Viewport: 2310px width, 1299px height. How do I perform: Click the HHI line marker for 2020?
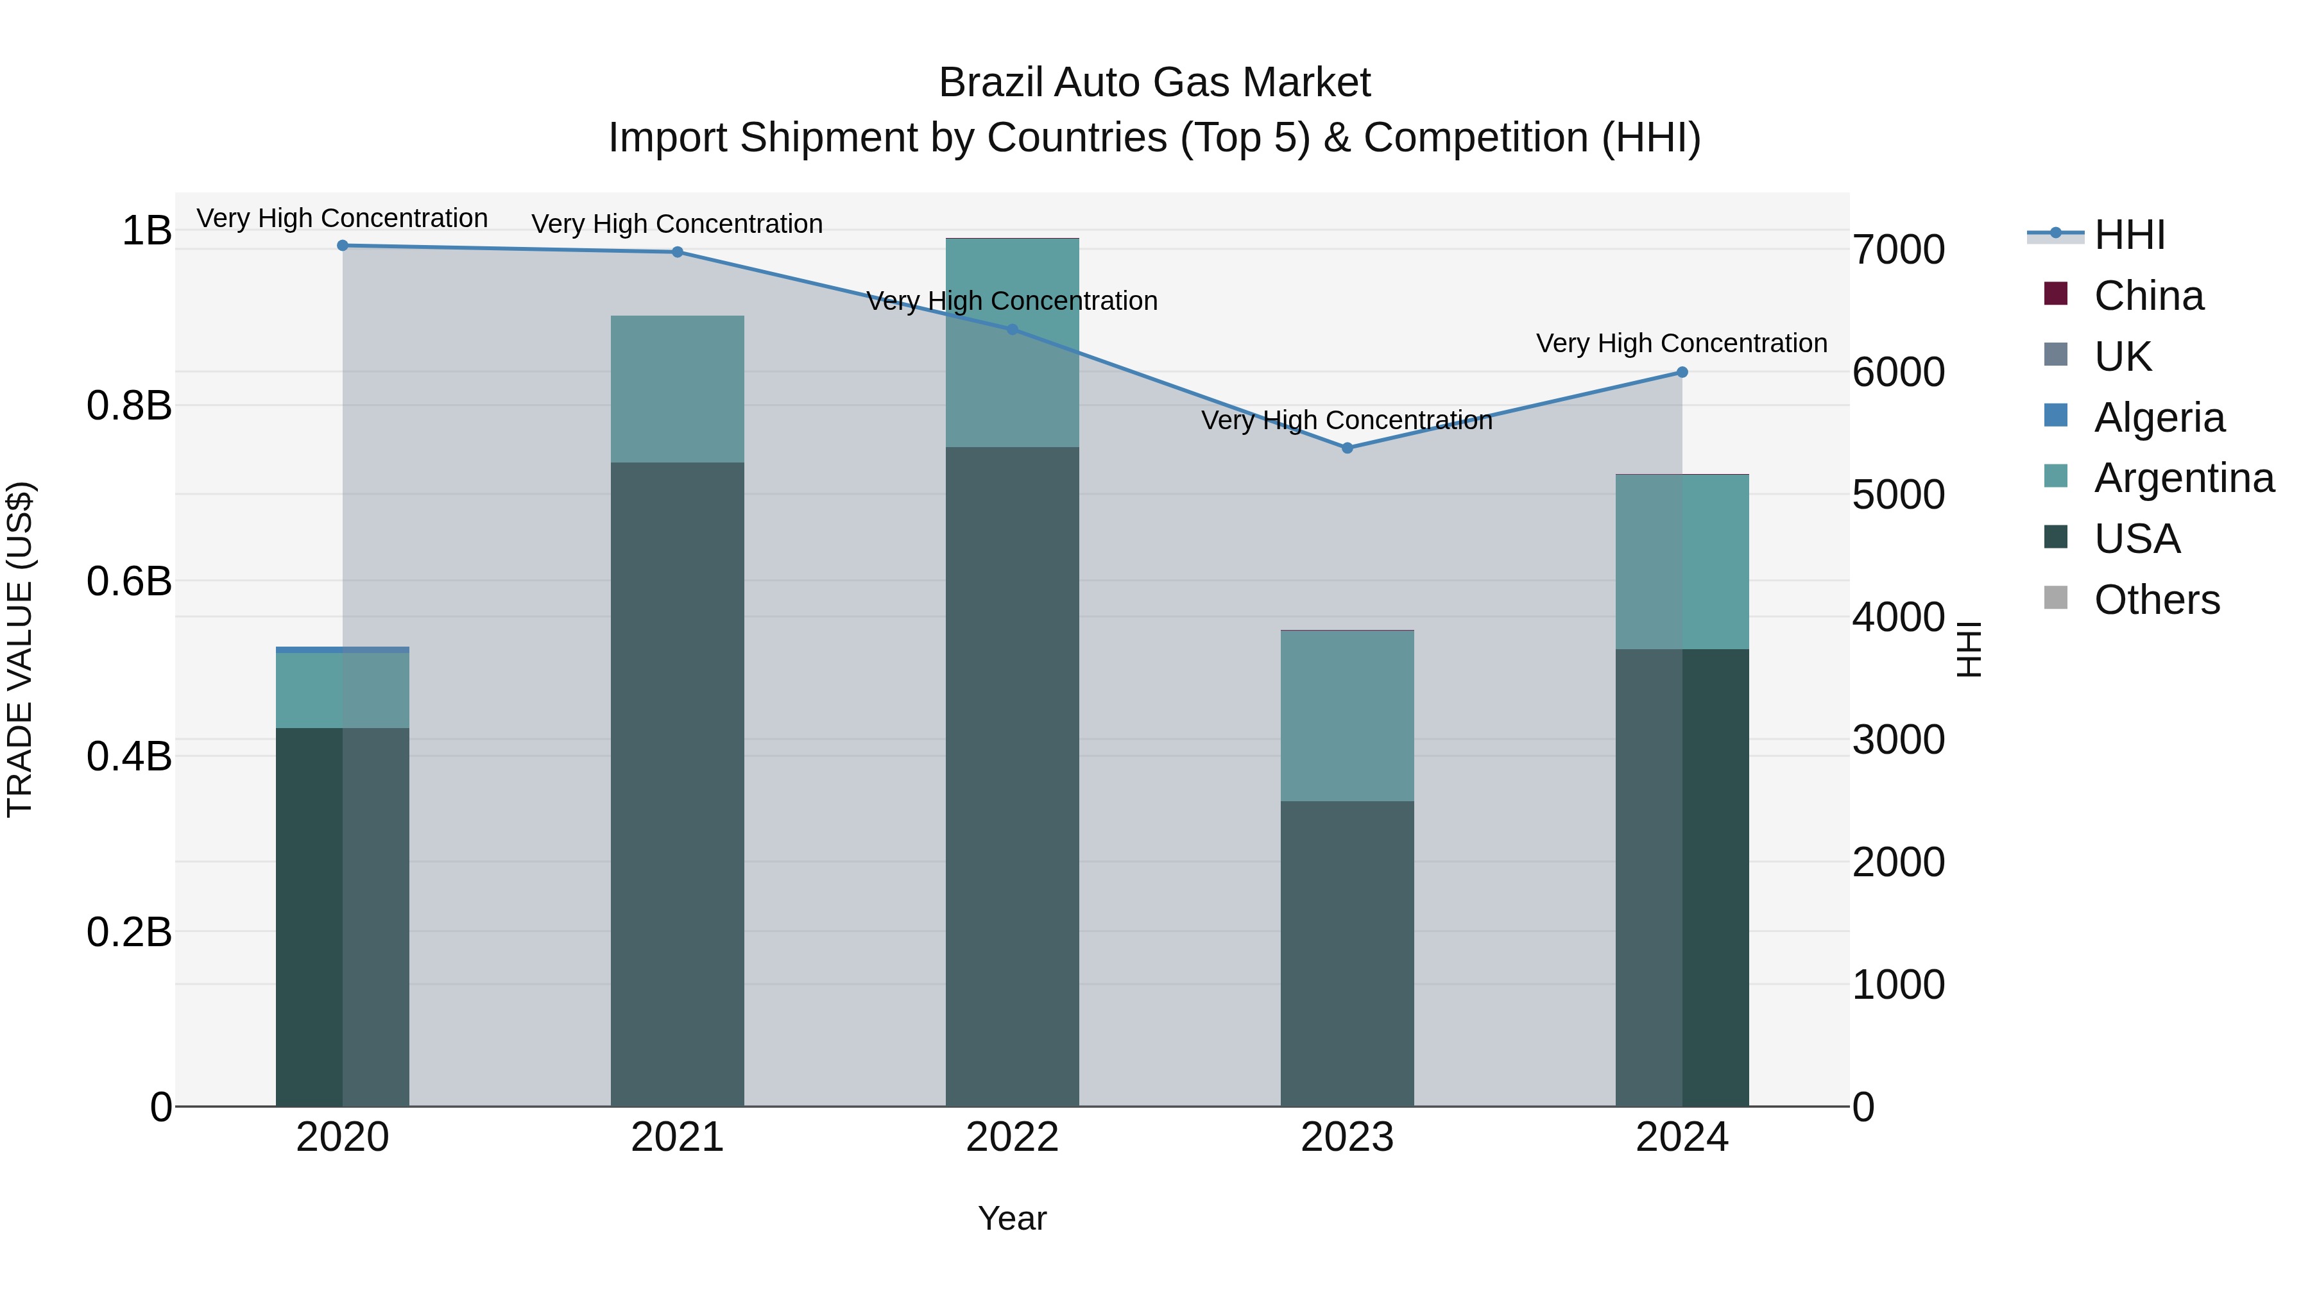point(343,246)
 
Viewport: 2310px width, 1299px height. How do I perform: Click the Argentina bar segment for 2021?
point(677,389)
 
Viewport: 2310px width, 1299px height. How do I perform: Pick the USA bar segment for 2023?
point(1347,953)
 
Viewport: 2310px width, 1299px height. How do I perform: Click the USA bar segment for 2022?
point(1013,776)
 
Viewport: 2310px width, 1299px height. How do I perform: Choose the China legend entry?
point(2148,296)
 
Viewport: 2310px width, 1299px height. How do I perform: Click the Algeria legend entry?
point(2159,418)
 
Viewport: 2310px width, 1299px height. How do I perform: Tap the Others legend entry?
point(2157,600)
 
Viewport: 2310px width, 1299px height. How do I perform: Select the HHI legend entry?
point(2130,235)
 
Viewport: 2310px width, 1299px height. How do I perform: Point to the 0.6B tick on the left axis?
point(129,581)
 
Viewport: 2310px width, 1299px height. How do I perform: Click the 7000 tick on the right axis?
point(1899,250)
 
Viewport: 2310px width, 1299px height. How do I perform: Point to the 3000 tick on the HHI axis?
point(1899,740)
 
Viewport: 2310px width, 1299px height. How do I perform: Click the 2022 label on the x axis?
point(1013,1137)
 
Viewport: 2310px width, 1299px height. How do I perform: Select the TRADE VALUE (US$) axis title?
point(20,649)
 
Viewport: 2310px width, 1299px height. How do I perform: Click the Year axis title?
point(1013,1218)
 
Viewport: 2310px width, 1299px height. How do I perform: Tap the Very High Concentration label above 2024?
point(1681,343)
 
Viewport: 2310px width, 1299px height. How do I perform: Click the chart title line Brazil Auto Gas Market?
point(1154,83)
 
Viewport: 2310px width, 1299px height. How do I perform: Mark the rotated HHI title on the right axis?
point(1969,649)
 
